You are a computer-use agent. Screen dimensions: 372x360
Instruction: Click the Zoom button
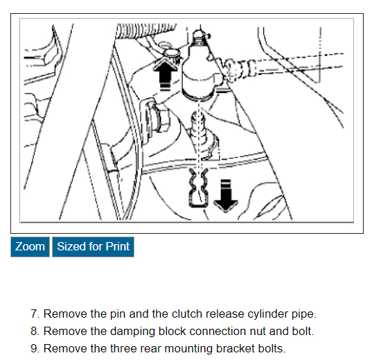30,247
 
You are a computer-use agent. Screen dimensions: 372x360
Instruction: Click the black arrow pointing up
165,73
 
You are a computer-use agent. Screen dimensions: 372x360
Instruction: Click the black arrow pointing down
226,196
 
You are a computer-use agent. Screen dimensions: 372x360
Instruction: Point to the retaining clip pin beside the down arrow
198,188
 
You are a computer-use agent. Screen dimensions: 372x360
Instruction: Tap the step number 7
35,314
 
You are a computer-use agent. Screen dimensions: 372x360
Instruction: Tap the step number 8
35,332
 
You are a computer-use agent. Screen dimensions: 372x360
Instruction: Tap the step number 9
35,349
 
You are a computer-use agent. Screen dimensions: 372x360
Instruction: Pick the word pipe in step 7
303,315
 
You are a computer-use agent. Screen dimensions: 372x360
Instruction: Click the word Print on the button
118,246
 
